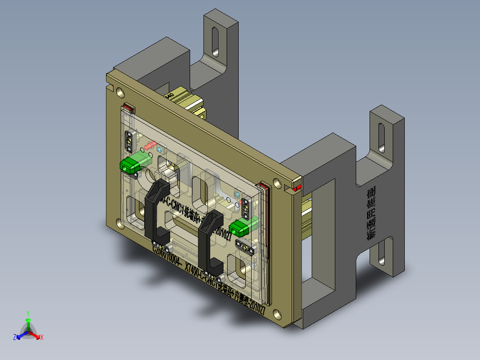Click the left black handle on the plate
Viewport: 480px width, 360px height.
pos(154,209)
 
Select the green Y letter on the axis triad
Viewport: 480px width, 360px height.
pos(28,313)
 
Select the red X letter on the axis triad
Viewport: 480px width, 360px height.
pos(41,338)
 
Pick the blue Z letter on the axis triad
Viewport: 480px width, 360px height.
pos(15,338)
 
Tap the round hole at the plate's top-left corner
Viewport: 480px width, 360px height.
pos(120,92)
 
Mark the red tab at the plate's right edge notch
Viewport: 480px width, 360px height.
pos(298,187)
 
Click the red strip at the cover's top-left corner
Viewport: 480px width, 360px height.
pos(128,107)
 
